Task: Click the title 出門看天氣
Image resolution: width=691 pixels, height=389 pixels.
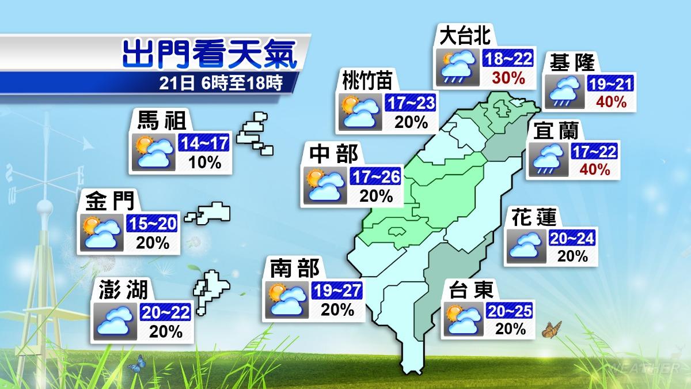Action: [x=210, y=54]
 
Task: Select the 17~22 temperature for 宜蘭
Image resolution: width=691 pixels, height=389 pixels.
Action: [x=594, y=152]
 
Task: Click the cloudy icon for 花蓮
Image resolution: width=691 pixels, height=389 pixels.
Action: [x=523, y=247]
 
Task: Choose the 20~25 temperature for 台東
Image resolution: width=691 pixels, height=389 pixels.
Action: [x=509, y=312]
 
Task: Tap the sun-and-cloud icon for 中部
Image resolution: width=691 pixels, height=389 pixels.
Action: [x=325, y=186]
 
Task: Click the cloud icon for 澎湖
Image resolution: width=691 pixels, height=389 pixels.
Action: [x=117, y=320]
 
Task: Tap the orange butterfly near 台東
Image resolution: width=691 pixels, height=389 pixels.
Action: [x=552, y=330]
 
